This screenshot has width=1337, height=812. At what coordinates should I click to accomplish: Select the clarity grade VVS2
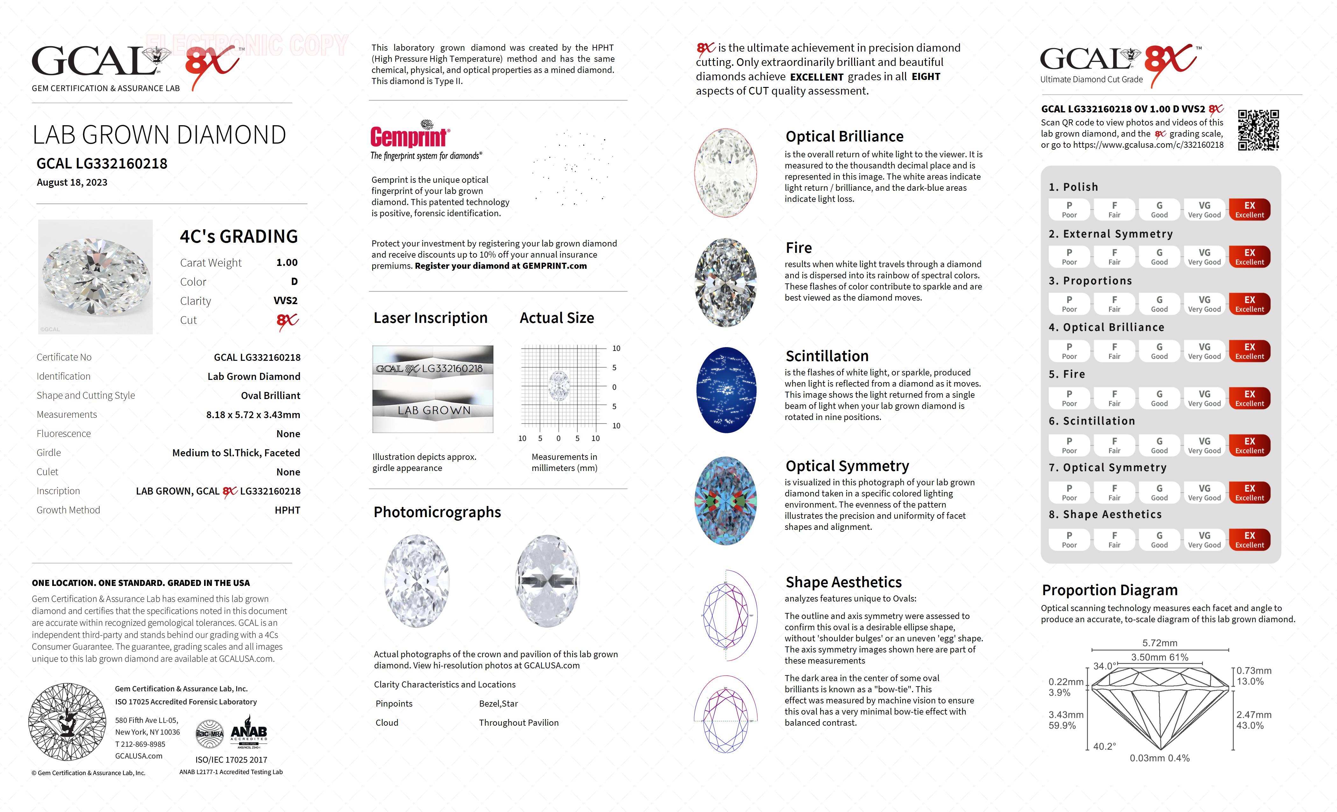pyautogui.click(x=286, y=301)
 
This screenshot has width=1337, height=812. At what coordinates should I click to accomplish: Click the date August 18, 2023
pyautogui.click(x=72, y=182)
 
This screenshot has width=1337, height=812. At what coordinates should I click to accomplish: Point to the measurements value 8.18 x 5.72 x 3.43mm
pyautogui.click(x=253, y=415)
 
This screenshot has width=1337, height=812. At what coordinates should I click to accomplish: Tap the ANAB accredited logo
pyautogui.click(x=249, y=733)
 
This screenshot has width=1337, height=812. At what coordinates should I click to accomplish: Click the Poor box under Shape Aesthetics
pyautogui.click(x=1069, y=539)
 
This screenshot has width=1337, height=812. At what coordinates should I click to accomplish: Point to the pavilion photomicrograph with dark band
pyautogui.click(x=548, y=581)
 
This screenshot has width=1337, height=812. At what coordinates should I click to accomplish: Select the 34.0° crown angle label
pyautogui.click(x=1104, y=666)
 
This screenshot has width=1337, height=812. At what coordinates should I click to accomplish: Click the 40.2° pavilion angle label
pyautogui.click(x=1104, y=746)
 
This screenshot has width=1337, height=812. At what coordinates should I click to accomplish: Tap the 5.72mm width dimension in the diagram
pyautogui.click(x=1160, y=643)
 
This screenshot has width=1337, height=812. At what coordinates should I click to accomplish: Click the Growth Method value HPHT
pyautogui.click(x=287, y=510)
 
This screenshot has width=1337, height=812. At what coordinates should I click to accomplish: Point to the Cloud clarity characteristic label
pyautogui.click(x=387, y=723)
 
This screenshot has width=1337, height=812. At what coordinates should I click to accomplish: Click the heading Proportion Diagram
pyautogui.click(x=1110, y=590)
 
